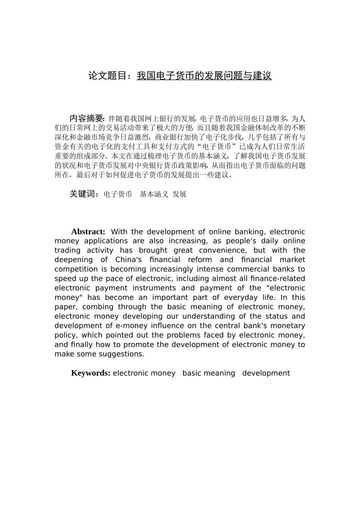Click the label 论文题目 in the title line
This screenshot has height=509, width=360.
tap(107, 76)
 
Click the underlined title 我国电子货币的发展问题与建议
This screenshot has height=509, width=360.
tap(204, 76)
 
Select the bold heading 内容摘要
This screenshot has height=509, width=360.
tap(86, 118)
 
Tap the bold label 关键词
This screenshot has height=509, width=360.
tap(84, 194)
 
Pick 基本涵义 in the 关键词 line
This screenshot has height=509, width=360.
tap(154, 194)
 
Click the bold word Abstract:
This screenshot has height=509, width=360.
tap(88, 232)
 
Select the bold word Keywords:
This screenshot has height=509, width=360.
tap(91, 373)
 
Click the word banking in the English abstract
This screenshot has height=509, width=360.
tap(250, 232)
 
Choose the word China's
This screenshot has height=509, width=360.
tap(128, 260)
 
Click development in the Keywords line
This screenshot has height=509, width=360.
tap(266, 373)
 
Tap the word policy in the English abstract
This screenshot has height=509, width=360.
tap(66, 335)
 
